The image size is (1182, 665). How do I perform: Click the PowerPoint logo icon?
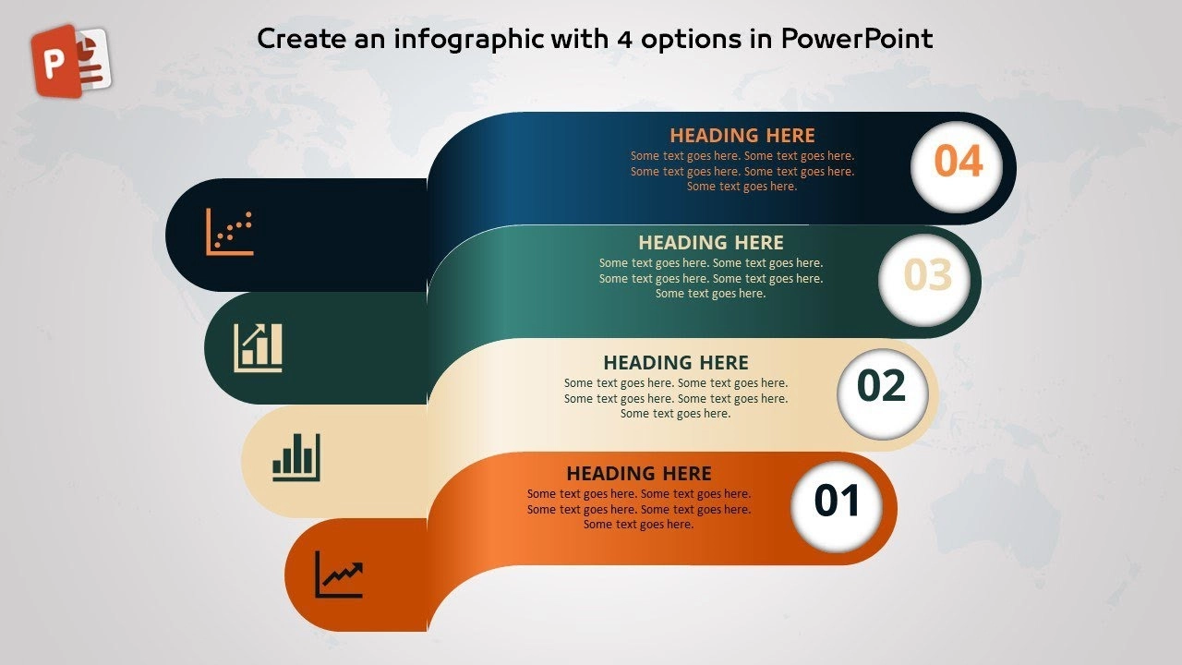coord(71,61)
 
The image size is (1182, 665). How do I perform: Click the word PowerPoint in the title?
coord(857,39)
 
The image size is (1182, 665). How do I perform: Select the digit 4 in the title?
coord(625,40)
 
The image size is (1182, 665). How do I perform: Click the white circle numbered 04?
coord(957,167)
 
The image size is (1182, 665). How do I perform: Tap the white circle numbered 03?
coord(924,280)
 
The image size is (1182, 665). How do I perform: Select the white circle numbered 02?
coord(883,393)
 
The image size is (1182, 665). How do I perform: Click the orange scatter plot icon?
coord(230,232)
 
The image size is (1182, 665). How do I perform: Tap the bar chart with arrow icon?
coord(258,348)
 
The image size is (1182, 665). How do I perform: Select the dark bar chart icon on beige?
coord(296,457)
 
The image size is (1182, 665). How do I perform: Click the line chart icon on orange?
coord(339,574)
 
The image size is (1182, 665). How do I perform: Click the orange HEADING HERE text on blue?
coord(742,136)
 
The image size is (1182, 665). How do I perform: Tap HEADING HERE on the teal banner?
coord(711,243)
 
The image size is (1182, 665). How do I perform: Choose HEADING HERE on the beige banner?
coord(676,363)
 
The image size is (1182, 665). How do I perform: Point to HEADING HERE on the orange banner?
coord(639,474)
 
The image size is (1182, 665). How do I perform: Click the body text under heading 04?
coord(742,171)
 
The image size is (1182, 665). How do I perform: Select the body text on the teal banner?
coord(711,278)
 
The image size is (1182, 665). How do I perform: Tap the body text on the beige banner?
coord(676,398)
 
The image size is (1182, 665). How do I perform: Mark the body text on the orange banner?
coord(639,509)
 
